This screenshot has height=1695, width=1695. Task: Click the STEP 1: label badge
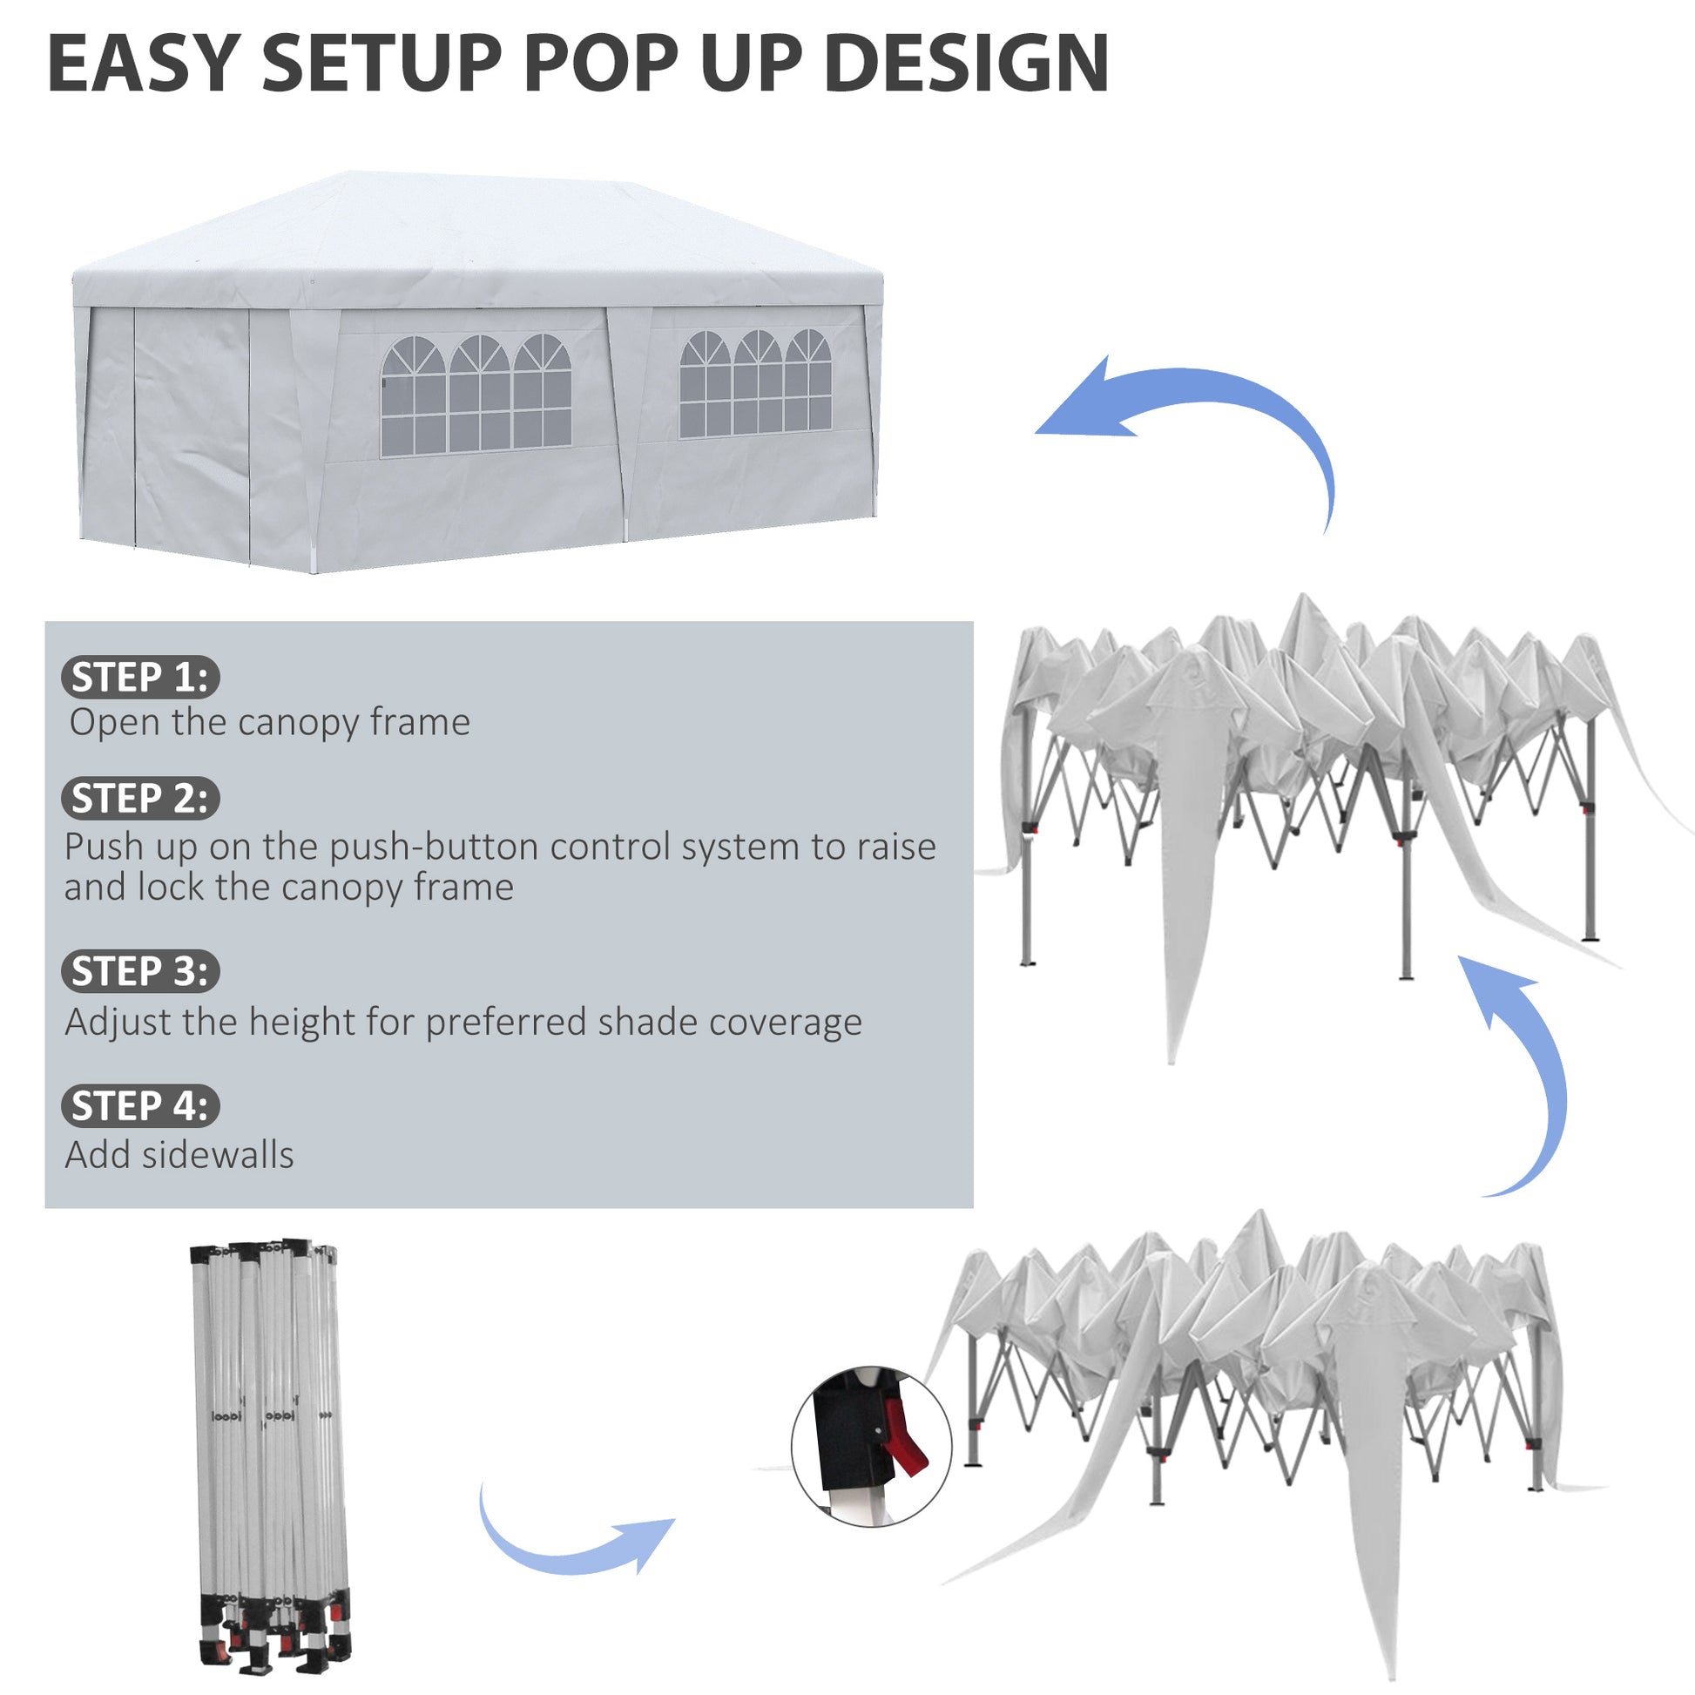[x=140, y=678]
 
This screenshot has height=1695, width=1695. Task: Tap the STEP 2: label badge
[x=140, y=799]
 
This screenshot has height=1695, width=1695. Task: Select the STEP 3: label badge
[x=140, y=971]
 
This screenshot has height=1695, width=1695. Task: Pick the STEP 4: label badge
[x=140, y=1105]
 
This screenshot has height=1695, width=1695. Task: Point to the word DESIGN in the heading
[x=967, y=64]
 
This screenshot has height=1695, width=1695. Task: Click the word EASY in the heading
[x=143, y=64]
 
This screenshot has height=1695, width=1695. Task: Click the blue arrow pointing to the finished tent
[x=1202, y=421]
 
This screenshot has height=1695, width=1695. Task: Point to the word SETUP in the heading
[x=382, y=64]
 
